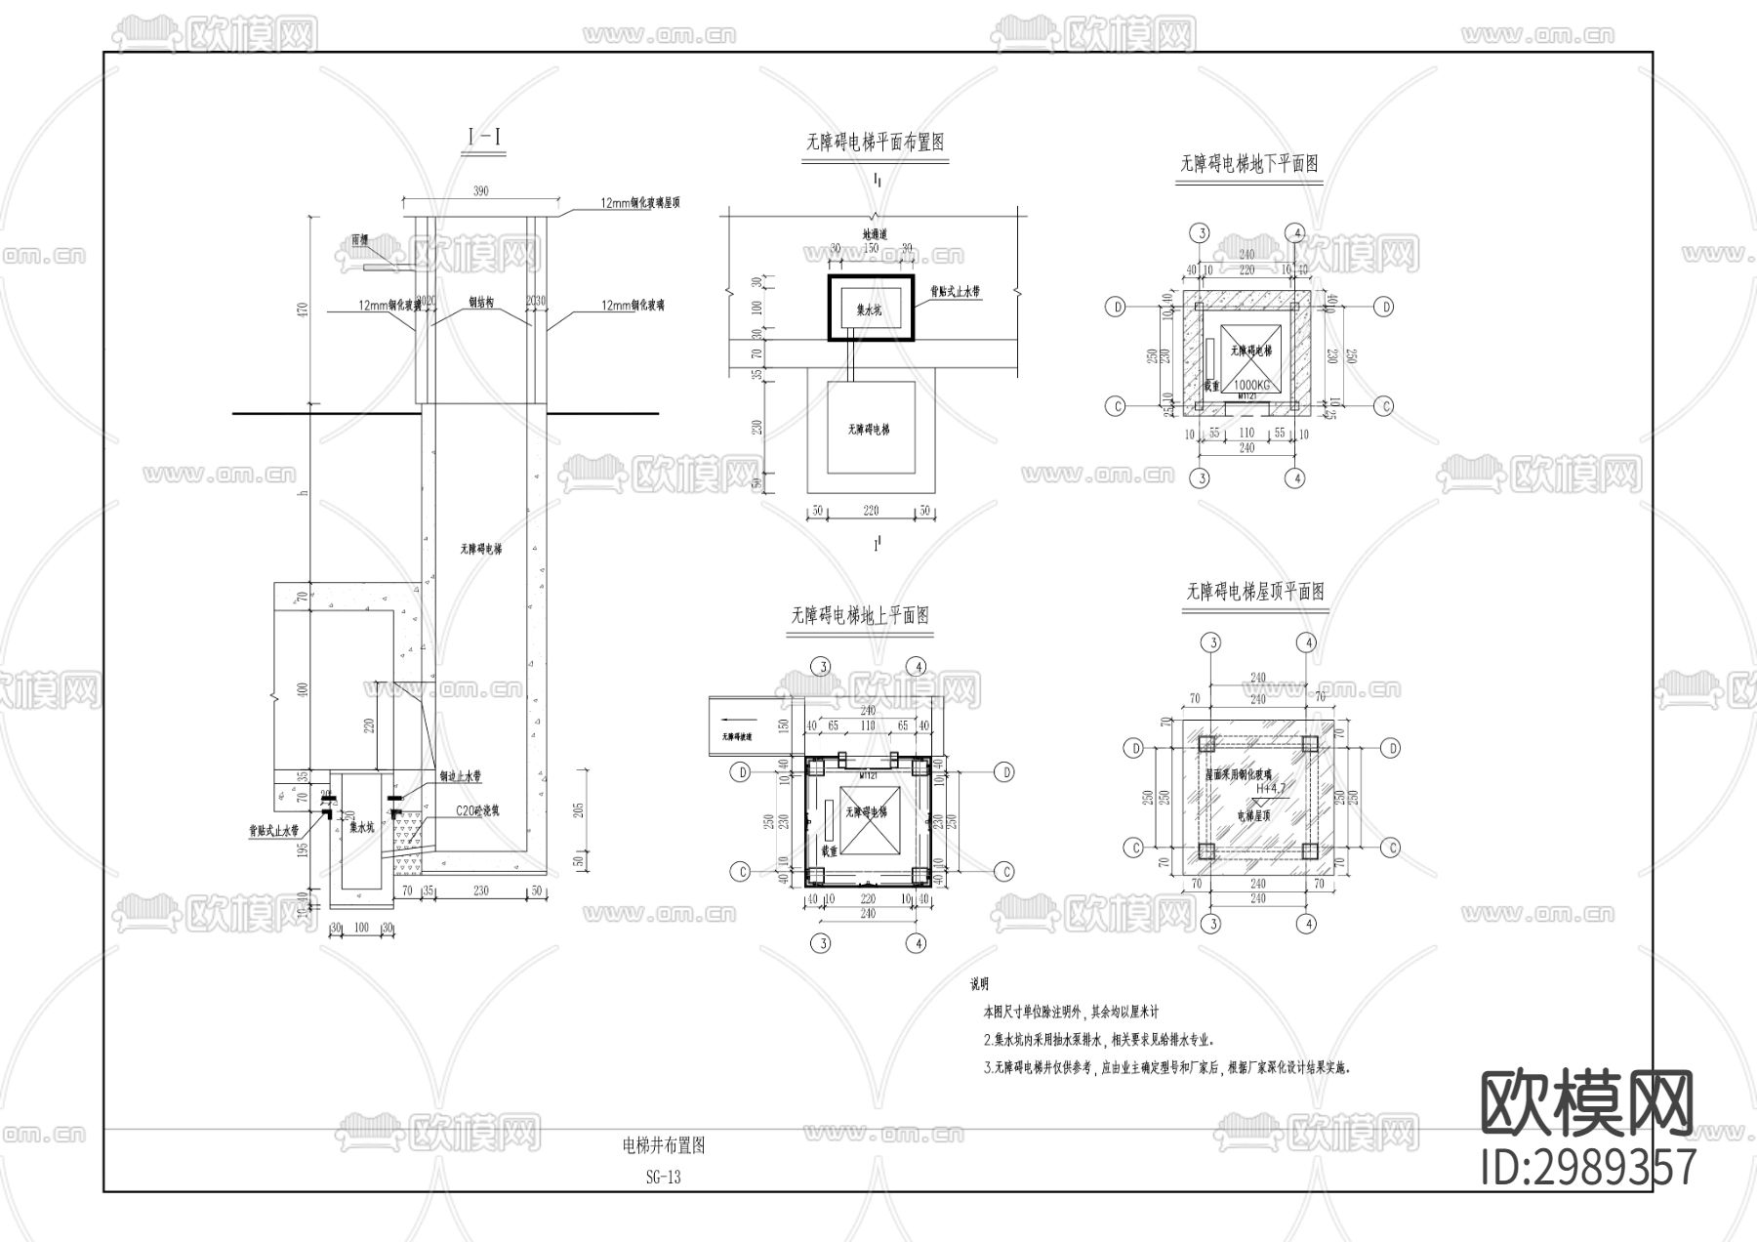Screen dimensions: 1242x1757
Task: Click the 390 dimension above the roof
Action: (480, 190)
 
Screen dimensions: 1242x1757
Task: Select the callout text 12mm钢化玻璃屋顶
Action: (639, 203)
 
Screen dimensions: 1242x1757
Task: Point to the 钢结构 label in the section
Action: (481, 304)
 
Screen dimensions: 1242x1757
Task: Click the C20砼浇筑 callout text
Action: (477, 810)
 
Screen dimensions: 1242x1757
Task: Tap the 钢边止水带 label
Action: (460, 776)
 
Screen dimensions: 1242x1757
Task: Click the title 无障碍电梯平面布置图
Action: (875, 143)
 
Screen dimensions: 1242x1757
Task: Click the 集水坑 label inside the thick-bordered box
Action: (868, 310)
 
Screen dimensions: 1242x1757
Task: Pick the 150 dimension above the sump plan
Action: (871, 248)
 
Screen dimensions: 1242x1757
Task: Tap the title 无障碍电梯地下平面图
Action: (1249, 164)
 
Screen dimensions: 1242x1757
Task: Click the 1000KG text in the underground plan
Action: (1249, 385)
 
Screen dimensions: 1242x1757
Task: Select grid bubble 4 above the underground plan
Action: (1294, 232)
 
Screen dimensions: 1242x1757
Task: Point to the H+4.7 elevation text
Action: (1271, 788)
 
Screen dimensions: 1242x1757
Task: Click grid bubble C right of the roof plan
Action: (1392, 848)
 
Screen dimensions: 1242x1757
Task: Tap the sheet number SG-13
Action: (663, 1177)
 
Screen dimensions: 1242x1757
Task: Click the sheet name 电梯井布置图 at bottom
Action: (663, 1145)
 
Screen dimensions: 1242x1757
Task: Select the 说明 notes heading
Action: (979, 985)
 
